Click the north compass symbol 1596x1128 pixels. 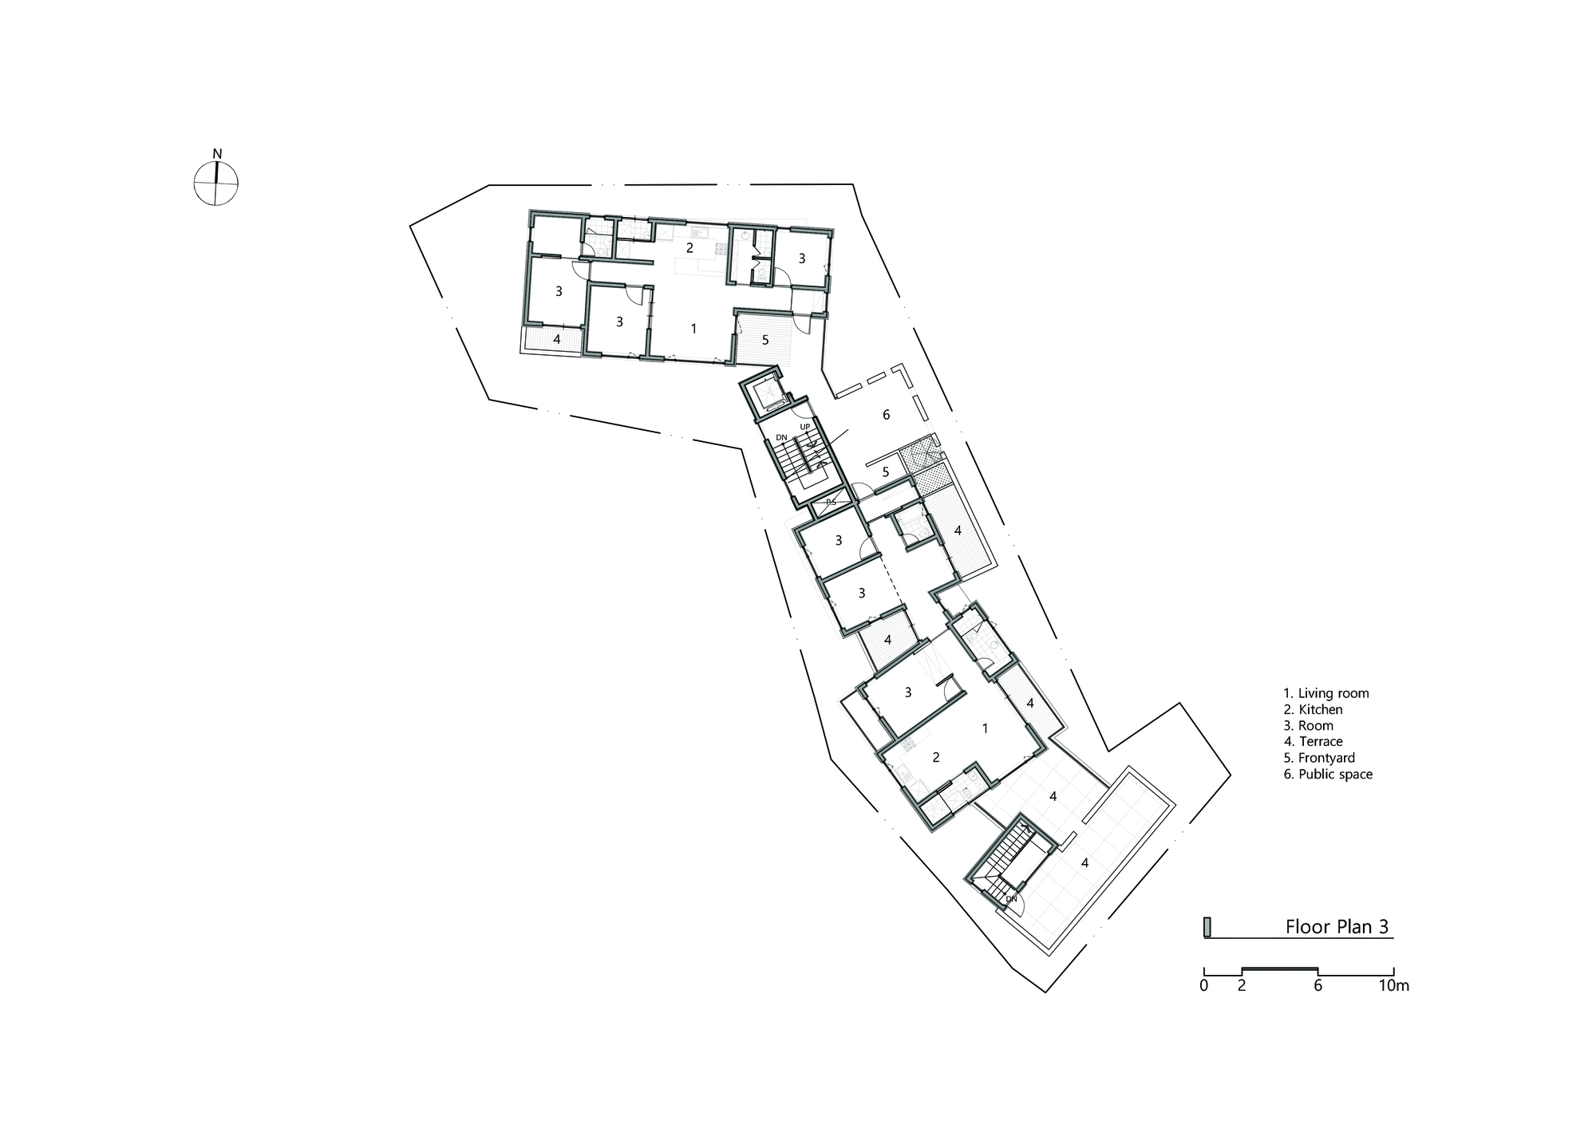click(215, 183)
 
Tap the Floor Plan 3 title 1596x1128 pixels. click(1337, 927)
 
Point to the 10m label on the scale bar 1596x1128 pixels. click(1394, 985)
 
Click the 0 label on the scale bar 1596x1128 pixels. click(1203, 985)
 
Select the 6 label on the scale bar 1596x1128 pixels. click(1317, 985)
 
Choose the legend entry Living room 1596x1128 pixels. click(1325, 693)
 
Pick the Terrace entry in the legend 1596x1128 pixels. click(1313, 742)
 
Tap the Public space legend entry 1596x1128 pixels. click(1328, 774)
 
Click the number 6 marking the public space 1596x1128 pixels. click(886, 415)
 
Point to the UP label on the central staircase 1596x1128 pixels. click(805, 428)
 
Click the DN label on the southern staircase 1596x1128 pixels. click(1011, 899)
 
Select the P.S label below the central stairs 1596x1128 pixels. click(831, 502)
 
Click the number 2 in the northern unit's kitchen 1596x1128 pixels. click(689, 248)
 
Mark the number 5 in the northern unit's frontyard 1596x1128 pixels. click(764, 340)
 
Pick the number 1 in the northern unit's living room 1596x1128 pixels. click(693, 328)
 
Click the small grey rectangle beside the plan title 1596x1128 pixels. click(1207, 927)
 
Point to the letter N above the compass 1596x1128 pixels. click(217, 154)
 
